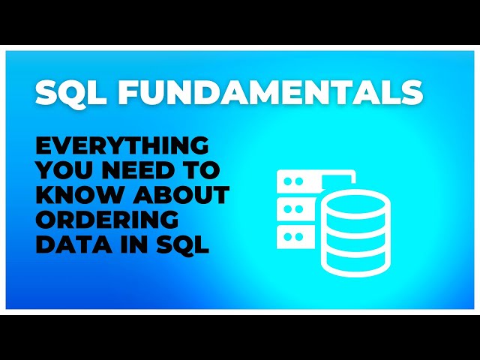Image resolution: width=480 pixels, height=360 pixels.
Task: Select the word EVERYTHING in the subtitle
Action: [121, 145]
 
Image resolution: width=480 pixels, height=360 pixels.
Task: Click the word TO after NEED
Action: [196, 170]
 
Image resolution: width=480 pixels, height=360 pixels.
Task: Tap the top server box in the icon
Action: [298, 181]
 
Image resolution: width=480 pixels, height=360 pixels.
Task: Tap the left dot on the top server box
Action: [286, 181]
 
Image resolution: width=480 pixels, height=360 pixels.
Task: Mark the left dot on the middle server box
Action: [286, 209]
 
